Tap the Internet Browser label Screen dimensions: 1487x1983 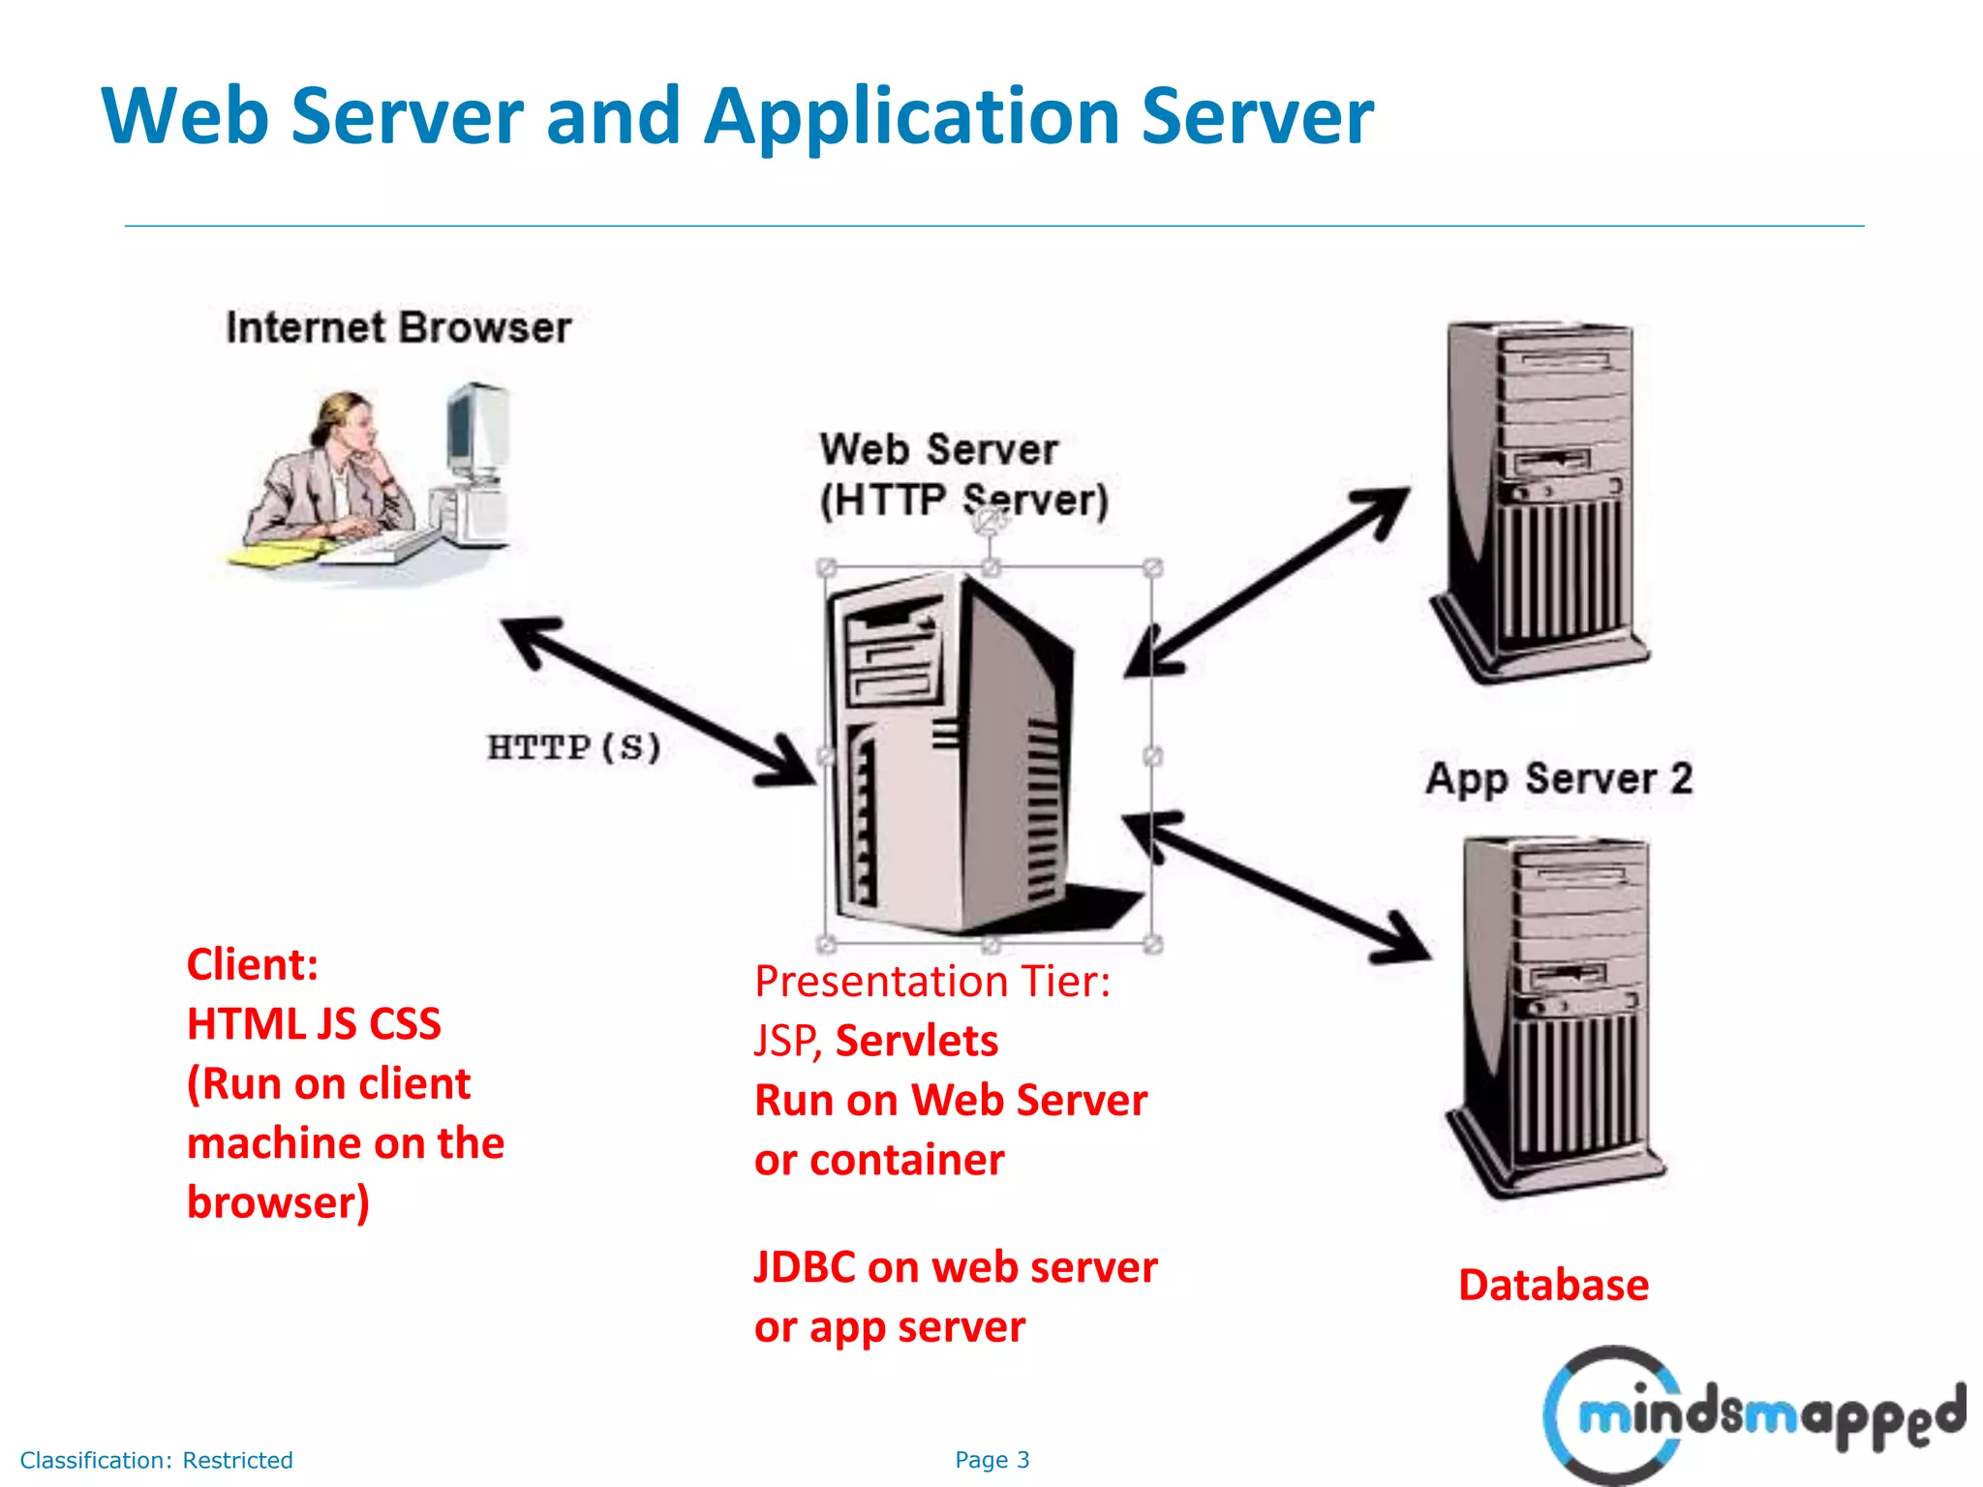(x=398, y=328)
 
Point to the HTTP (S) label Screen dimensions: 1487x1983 (x=573, y=747)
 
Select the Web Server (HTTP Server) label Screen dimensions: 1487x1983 (x=963, y=475)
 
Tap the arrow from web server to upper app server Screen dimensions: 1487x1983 (x=1268, y=581)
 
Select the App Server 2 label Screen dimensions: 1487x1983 (x=1559, y=779)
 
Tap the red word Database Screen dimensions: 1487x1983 (x=1553, y=1286)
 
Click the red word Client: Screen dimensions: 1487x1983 (x=253, y=965)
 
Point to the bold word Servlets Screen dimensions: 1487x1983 (x=916, y=1042)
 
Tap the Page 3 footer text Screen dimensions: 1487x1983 (x=991, y=1460)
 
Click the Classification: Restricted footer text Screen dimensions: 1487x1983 (x=157, y=1460)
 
